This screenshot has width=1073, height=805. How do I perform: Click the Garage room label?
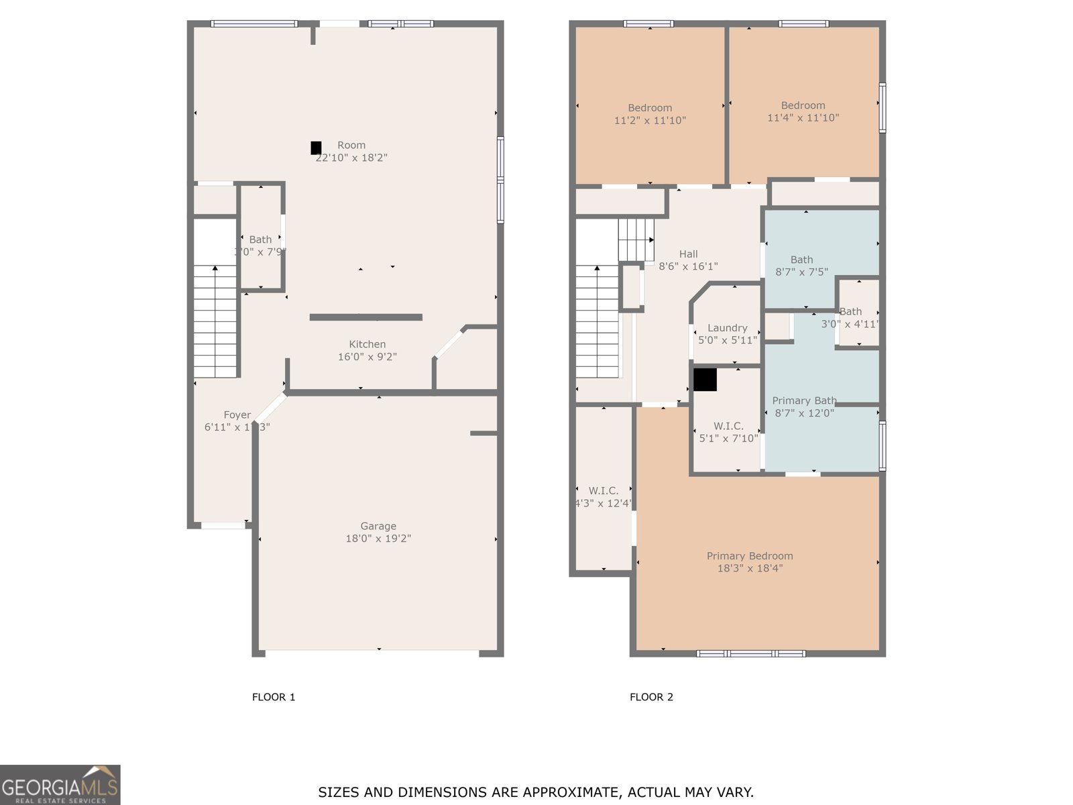click(x=378, y=526)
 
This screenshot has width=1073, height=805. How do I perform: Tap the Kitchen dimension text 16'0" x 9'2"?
click(x=367, y=357)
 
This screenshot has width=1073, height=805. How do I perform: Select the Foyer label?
click(x=237, y=415)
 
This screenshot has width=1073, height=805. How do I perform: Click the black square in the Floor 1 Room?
click(x=316, y=148)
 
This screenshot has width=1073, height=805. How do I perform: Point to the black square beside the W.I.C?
click(x=705, y=380)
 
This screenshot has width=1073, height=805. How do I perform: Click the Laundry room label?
click(x=727, y=328)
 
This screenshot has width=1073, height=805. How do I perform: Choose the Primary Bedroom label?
click(x=749, y=555)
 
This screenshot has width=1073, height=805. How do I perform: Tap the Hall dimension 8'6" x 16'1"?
click(x=688, y=266)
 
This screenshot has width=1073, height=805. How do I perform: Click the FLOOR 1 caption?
click(x=274, y=697)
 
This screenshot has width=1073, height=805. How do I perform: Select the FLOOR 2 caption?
click(x=651, y=697)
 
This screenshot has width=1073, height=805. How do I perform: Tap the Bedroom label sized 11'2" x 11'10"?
click(x=650, y=108)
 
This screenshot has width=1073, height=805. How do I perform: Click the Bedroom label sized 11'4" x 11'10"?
click(x=803, y=105)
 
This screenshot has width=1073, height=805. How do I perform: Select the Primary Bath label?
click(x=803, y=400)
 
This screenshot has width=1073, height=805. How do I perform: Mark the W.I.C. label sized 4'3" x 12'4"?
click(x=604, y=491)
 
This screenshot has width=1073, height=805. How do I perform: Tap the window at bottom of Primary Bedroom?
click(x=751, y=653)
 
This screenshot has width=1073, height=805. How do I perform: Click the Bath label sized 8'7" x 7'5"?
click(x=801, y=260)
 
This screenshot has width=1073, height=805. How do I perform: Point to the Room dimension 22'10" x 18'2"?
click(x=351, y=158)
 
